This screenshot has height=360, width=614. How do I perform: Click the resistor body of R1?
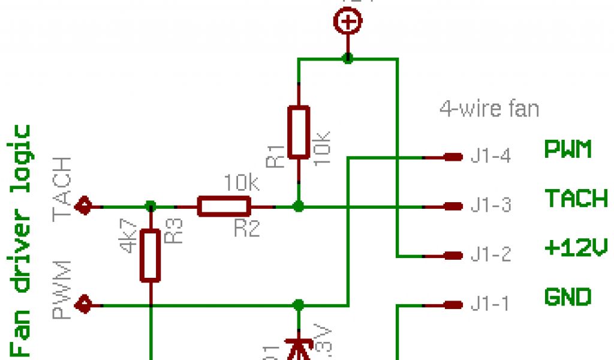299,132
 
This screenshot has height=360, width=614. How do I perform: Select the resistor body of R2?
224,206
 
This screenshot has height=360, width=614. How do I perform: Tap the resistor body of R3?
150,255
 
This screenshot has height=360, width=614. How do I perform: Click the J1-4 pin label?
490,157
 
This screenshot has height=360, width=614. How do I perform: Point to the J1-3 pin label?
490,206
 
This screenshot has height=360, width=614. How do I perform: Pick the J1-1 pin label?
490,305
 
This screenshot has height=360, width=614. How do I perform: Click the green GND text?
567,297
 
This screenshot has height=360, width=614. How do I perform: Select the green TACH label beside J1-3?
576,198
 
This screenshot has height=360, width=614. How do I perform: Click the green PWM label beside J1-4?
567,149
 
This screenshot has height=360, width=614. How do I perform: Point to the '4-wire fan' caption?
489,109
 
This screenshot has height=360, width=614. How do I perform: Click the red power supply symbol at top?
347,23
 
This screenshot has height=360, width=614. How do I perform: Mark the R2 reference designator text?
246,228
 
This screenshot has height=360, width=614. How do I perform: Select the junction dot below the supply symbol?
347,59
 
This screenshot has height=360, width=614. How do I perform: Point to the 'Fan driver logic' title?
22,240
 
